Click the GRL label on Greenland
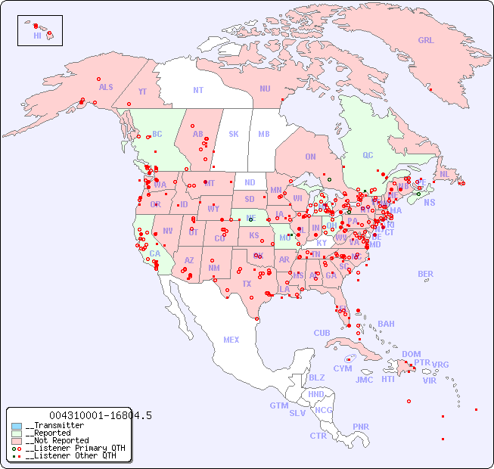426,41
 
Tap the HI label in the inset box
37,36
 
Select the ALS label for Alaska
106,88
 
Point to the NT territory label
197,90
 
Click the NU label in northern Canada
265,89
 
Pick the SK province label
234,134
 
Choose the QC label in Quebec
368,156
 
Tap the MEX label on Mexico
231,340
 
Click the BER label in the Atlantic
425,274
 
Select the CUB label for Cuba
322,333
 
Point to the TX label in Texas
246,284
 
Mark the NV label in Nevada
167,231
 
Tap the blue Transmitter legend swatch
17,426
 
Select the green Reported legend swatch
17,433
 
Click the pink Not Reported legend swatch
17,440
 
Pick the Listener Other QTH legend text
70,455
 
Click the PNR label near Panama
361,427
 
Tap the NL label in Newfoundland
444,174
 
